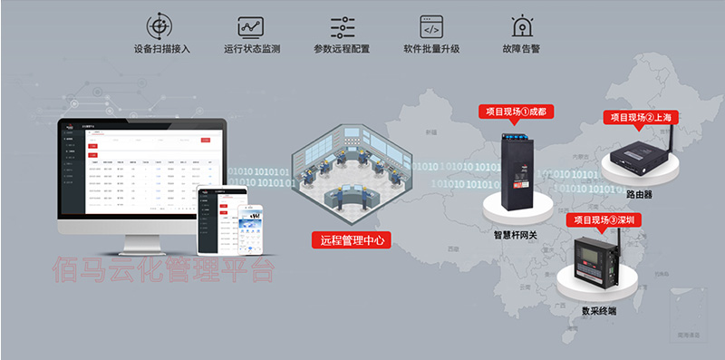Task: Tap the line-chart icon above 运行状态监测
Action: (x=251, y=26)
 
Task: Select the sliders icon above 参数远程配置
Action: (x=342, y=26)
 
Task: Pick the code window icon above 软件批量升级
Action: (x=431, y=26)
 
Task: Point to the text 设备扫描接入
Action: (x=161, y=49)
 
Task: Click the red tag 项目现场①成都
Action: (x=515, y=112)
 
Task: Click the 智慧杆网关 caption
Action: (x=515, y=233)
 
